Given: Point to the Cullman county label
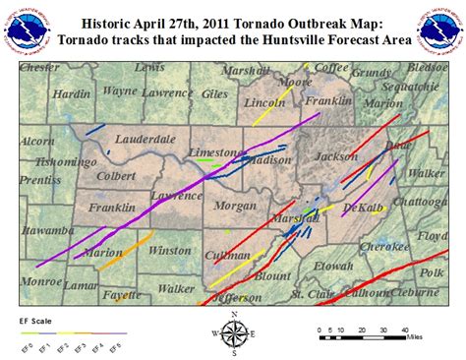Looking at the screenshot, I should (227, 255).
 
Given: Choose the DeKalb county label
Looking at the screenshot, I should (359, 208).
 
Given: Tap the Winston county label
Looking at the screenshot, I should (170, 251).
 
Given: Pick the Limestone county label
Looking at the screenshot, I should (214, 152).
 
